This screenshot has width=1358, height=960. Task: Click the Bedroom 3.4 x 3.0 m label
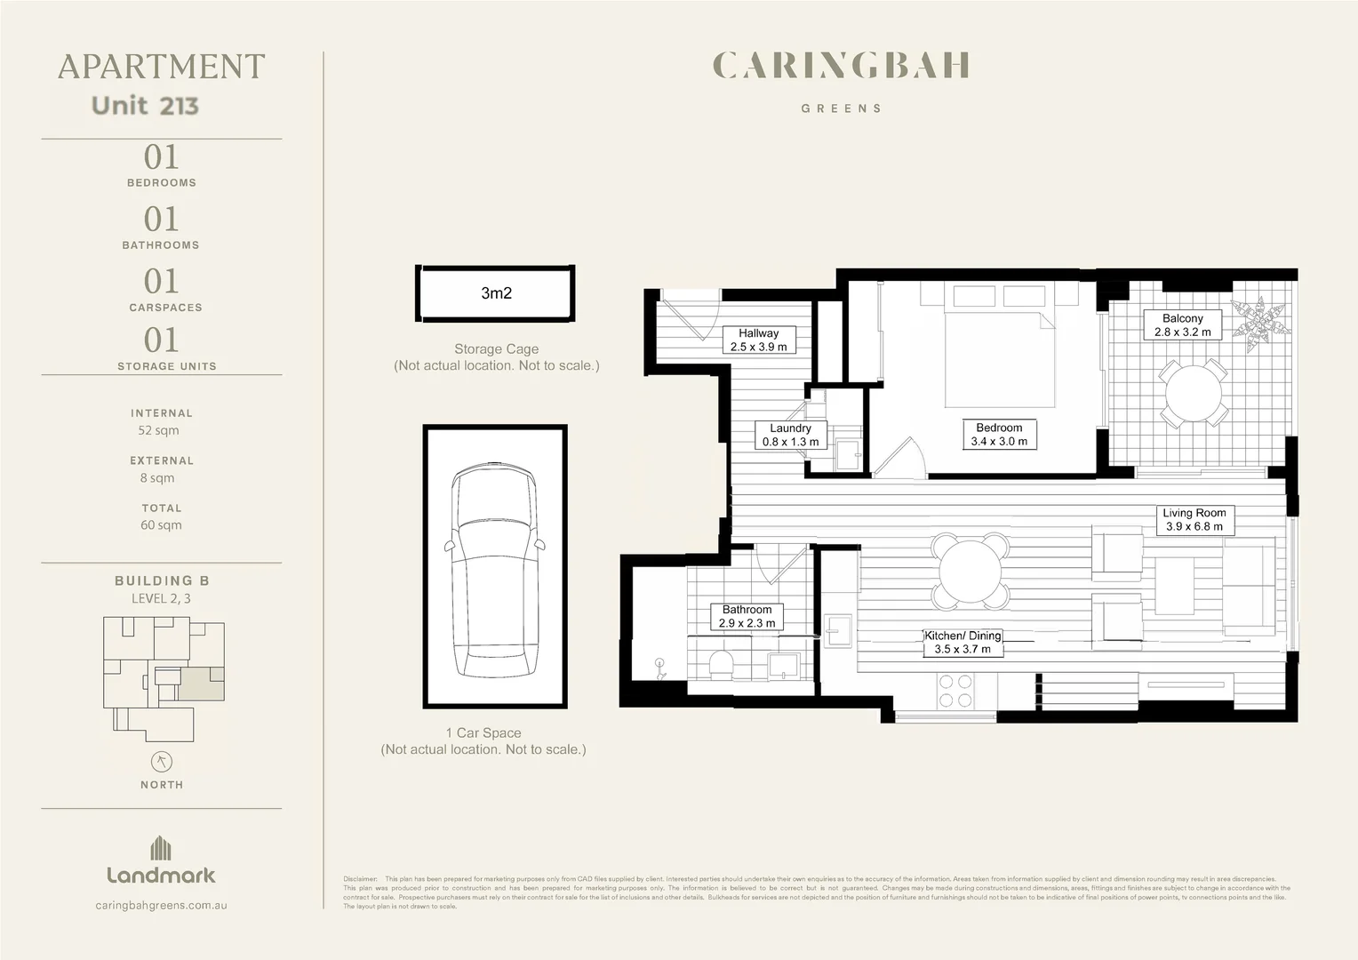[999, 435]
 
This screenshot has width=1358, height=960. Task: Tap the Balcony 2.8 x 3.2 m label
[1182, 325]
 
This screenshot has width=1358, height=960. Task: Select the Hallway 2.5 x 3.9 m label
[758, 340]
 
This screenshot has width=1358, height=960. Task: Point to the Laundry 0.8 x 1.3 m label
[790, 435]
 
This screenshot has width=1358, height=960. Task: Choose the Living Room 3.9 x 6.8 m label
[1194, 520]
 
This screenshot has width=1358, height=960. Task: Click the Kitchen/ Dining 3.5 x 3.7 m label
[963, 643]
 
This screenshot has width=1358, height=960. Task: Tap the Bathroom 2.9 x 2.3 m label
[747, 617]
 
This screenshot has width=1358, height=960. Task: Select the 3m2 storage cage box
[496, 293]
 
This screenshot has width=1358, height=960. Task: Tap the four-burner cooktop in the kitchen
[955, 692]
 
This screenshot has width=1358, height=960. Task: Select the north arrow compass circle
[162, 762]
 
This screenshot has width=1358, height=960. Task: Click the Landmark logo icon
[161, 848]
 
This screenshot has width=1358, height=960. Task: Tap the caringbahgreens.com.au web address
[161, 905]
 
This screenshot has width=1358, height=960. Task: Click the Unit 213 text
[145, 106]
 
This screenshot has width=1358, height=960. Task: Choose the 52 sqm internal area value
[158, 430]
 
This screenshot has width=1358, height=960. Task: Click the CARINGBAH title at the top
[841, 66]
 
